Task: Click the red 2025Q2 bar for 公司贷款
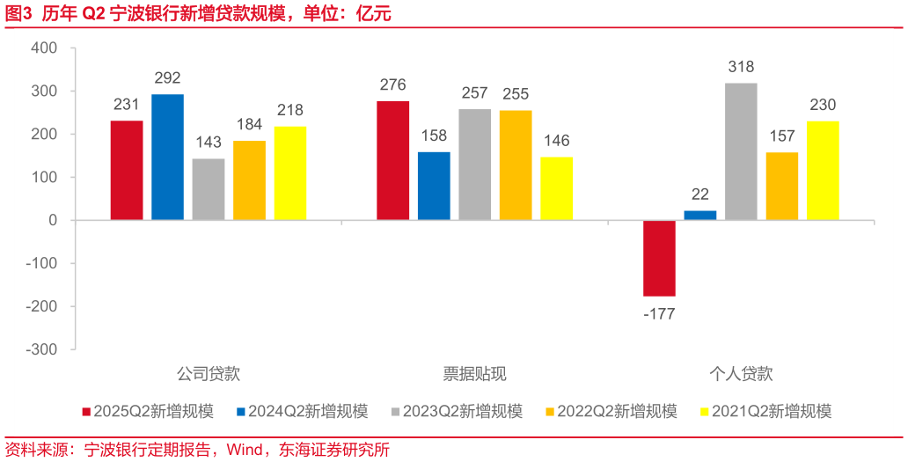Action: point(127,170)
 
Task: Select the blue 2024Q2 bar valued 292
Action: point(167,157)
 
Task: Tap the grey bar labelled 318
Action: point(741,151)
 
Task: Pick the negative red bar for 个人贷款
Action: point(659,258)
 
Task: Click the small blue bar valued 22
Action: point(699,216)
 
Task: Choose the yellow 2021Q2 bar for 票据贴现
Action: point(556,188)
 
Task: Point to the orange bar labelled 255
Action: point(516,165)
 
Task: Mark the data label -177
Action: point(659,313)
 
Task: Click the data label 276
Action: point(392,85)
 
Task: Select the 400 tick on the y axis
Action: point(44,48)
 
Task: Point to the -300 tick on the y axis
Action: point(40,349)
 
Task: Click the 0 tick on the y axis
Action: point(52,221)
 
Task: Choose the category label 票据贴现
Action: point(474,374)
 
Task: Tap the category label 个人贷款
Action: point(741,374)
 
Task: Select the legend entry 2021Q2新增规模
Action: point(771,411)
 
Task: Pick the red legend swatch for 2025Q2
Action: point(85,412)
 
